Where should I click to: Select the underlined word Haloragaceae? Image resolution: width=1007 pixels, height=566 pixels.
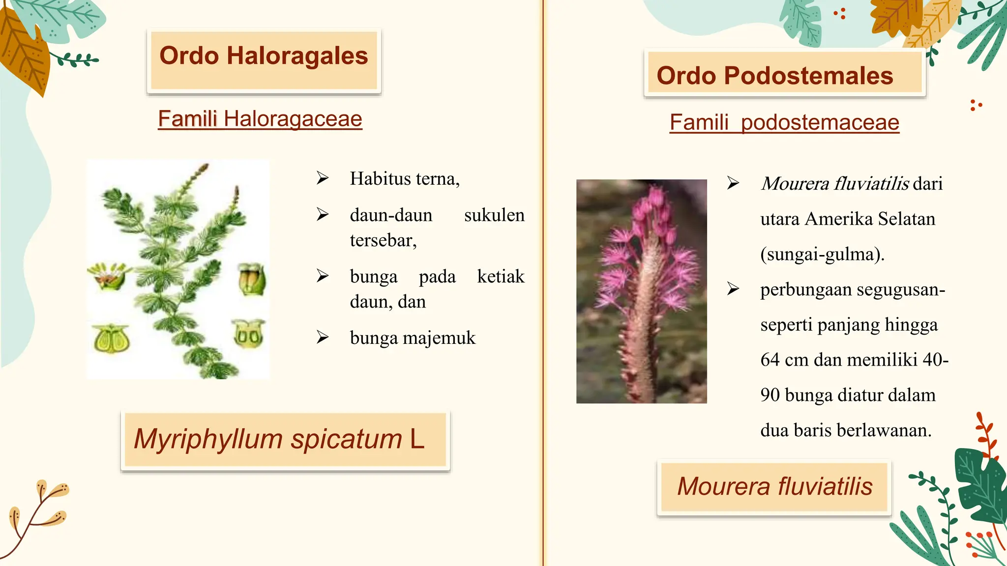click(x=293, y=119)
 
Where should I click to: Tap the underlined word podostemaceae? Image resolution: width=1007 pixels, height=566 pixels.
click(x=820, y=122)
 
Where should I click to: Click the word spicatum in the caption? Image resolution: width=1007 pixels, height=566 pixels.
click(x=346, y=439)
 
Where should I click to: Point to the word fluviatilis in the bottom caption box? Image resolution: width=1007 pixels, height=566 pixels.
click(x=825, y=486)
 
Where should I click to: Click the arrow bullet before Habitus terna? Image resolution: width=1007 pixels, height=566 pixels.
click(x=323, y=178)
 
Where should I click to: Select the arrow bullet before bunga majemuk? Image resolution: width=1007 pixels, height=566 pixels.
click(x=323, y=338)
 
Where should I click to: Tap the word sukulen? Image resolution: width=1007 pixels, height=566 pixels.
click(x=494, y=215)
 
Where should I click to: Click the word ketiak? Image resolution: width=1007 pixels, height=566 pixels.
click(x=501, y=277)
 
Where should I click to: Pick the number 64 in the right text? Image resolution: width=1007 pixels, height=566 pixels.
click(x=770, y=360)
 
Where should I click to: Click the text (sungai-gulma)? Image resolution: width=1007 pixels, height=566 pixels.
click(x=822, y=255)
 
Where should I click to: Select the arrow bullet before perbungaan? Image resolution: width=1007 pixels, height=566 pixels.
click(x=733, y=289)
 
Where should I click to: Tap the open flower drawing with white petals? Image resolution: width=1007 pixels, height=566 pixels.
click(x=109, y=276)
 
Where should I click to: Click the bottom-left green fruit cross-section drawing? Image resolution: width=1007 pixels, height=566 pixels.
click(x=112, y=339)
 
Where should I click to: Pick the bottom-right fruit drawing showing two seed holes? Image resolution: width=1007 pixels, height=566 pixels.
click(x=248, y=334)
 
